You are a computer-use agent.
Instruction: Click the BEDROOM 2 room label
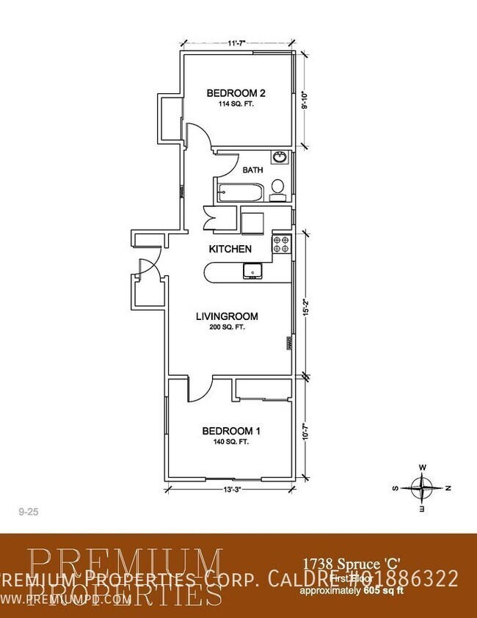tap(235, 92)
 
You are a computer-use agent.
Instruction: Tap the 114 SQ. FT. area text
tap(235, 104)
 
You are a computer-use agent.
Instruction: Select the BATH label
tap(253, 170)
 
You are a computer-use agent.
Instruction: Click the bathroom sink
tap(279, 157)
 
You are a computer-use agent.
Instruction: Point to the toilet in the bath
tap(277, 189)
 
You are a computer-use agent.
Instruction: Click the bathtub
tap(238, 194)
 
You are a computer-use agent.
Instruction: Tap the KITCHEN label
tap(230, 249)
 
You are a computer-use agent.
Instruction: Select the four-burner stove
tap(282, 244)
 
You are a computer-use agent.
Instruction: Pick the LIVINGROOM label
tap(227, 316)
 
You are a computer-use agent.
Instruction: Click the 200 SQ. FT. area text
tap(227, 327)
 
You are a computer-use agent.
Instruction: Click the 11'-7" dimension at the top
tap(236, 43)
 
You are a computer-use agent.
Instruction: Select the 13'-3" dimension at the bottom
tap(232, 489)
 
